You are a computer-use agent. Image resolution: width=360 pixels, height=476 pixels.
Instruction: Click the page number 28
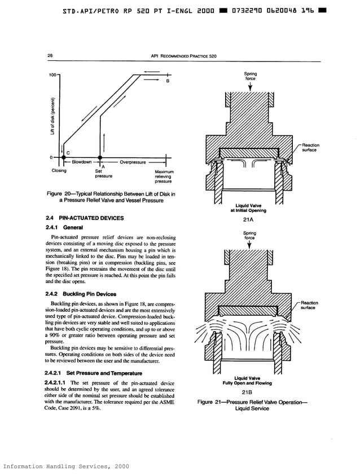click(50, 55)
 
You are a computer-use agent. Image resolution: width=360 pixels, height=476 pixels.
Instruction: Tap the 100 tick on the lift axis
click(52, 75)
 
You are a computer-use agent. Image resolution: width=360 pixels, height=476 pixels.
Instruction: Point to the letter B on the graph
click(168, 82)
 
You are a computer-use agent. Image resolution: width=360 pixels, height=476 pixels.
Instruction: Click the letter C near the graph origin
click(68, 153)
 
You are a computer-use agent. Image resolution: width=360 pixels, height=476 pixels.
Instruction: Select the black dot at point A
click(100, 157)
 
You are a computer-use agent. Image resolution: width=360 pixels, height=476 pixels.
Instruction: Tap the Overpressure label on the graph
click(133, 162)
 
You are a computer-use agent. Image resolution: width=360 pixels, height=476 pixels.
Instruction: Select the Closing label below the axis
click(59, 170)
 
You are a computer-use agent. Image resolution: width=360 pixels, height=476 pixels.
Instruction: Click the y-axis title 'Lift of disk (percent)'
click(52, 113)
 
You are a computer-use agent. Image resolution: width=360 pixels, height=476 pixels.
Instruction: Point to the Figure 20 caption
click(111, 197)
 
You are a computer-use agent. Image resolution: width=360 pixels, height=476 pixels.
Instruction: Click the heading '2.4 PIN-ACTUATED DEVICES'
click(84, 218)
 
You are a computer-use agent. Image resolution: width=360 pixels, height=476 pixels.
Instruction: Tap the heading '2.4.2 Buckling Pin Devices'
click(80, 294)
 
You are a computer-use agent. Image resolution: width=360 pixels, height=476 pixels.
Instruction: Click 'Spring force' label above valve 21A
click(249, 76)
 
